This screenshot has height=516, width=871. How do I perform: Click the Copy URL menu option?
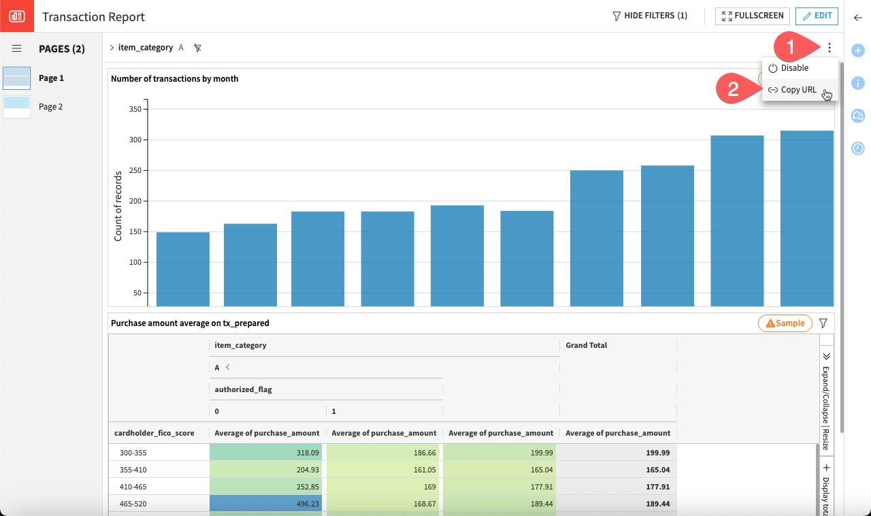[x=798, y=90]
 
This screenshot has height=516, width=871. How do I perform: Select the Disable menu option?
[x=794, y=68]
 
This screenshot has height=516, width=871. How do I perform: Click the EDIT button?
[x=817, y=16]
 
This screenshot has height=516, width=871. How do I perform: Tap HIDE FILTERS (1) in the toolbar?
[x=650, y=16]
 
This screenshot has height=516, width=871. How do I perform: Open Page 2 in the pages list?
[x=50, y=107]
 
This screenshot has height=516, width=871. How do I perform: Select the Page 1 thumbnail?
[x=16, y=78]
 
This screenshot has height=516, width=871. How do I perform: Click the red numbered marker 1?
[x=791, y=47]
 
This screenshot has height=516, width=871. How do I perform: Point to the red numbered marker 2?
[x=733, y=90]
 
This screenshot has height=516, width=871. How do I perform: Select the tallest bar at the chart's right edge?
[x=806, y=218]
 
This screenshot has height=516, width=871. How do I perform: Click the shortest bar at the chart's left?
[x=183, y=269]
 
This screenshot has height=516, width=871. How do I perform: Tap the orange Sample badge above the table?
[x=785, y=323]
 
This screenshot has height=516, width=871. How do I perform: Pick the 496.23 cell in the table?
[x=267, y=504]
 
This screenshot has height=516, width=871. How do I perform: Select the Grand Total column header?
[x=586, y=345]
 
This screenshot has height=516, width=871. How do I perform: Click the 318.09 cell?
[x=267, y=453]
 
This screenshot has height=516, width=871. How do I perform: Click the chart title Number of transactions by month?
[x=174, y=79]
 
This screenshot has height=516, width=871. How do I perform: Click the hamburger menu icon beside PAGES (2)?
[x=17, y=49]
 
